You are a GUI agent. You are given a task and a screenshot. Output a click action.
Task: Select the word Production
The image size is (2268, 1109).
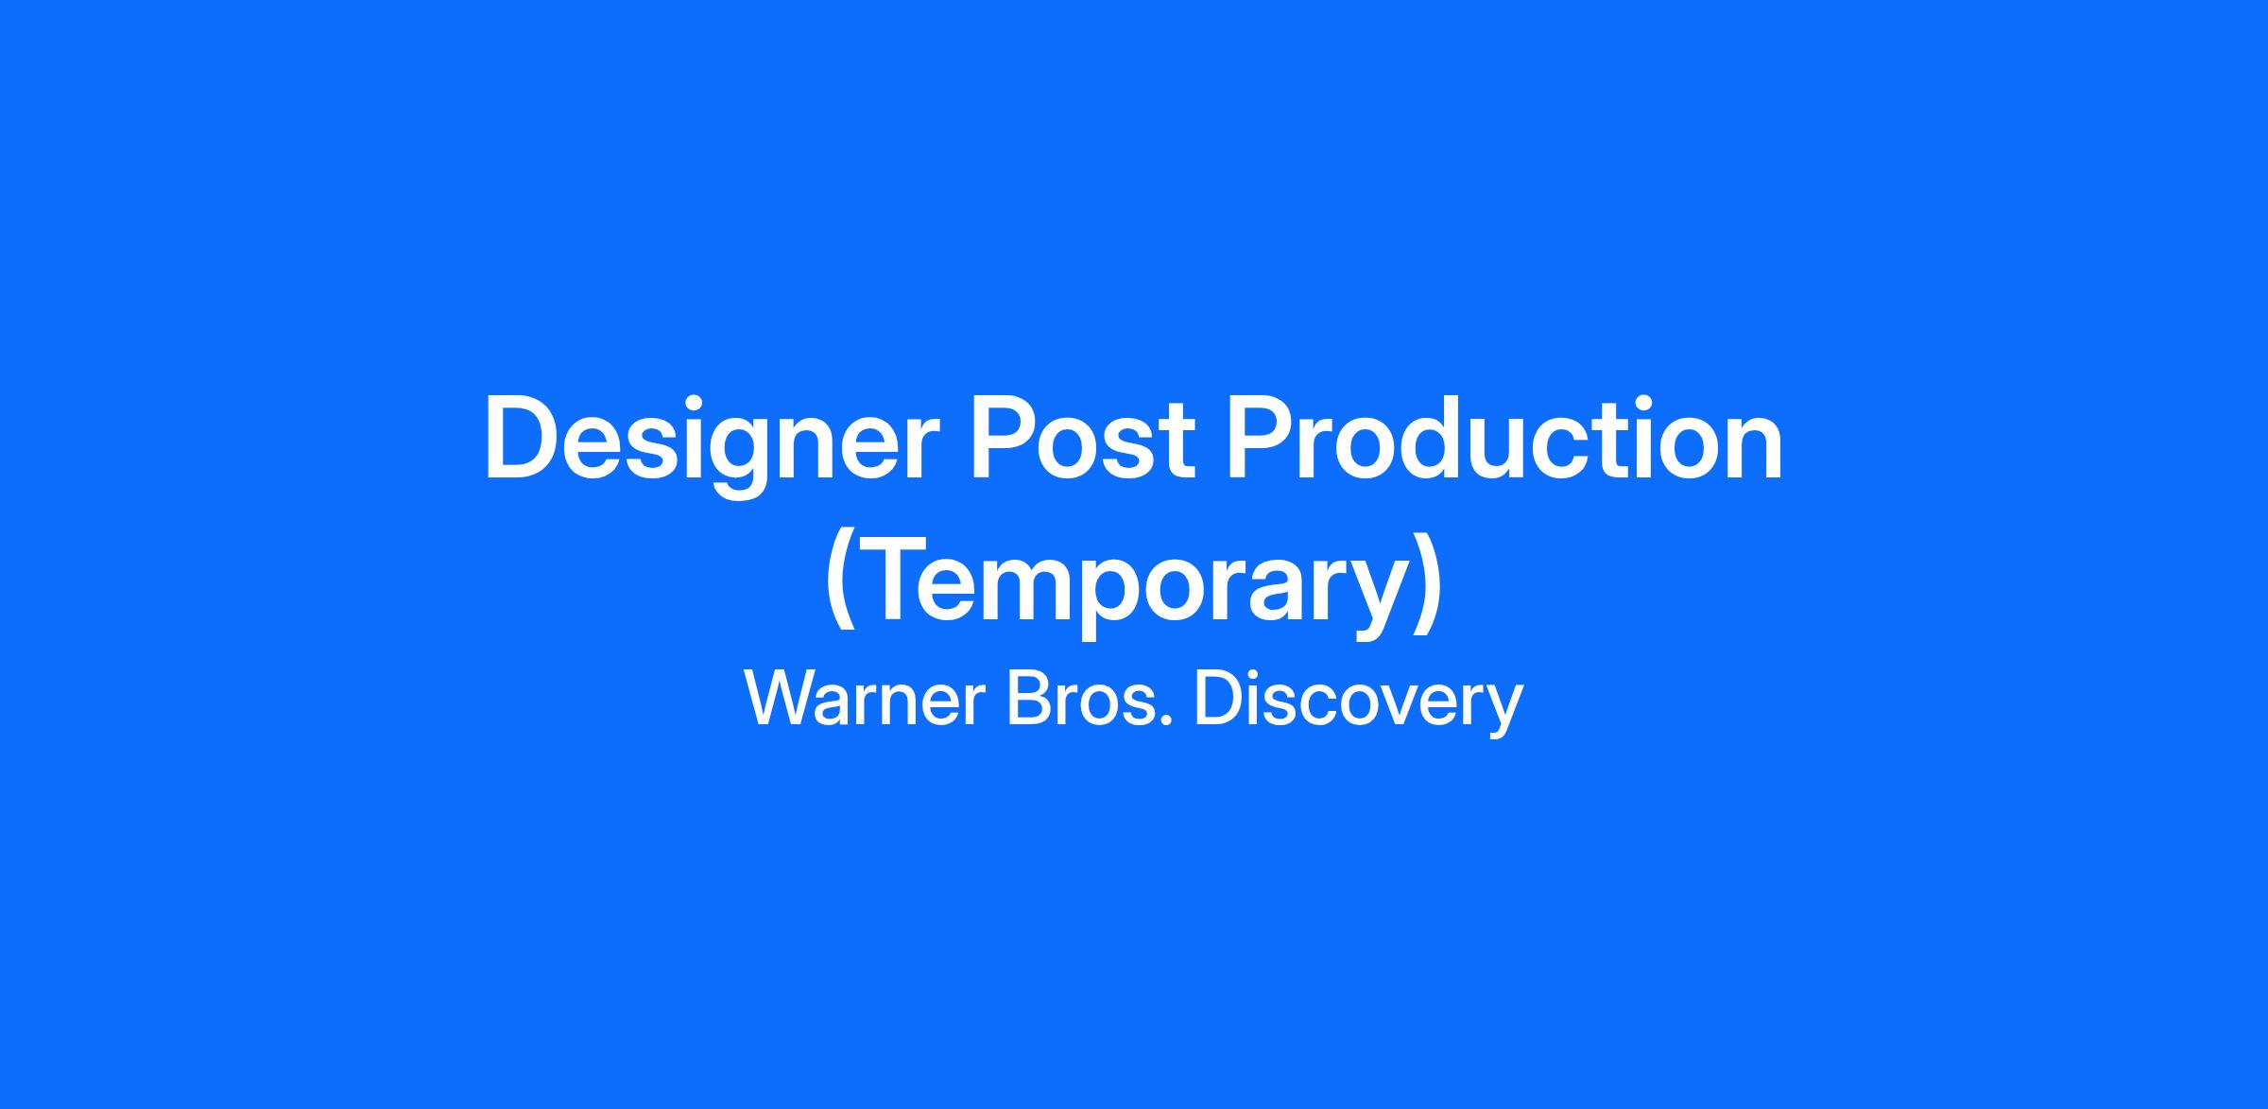[1505, 439]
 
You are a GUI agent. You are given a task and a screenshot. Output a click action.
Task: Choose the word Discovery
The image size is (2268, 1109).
[1359, 703]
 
